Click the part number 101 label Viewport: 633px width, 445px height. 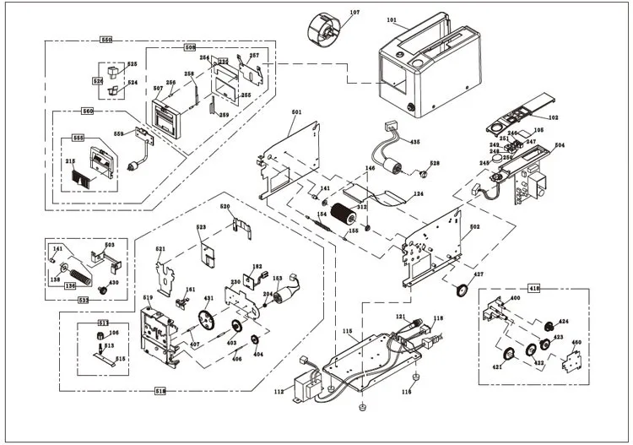point(391,19)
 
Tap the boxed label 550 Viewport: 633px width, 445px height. point(106,41)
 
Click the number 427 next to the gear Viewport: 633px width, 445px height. point(479,275)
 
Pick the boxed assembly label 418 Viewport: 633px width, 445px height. point(533,288)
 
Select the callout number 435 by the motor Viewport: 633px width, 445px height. point(414,141)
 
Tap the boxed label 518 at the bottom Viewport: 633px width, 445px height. point(160,391)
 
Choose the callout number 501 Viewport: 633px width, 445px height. point(297,112)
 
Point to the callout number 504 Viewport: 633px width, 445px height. point(559,145)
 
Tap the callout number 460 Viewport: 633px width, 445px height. point(576,343)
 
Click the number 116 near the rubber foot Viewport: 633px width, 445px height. point(407,392)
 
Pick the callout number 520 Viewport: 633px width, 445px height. point(225,207)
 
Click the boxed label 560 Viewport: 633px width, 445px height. point(87,111)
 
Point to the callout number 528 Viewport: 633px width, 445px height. point(435,163)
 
